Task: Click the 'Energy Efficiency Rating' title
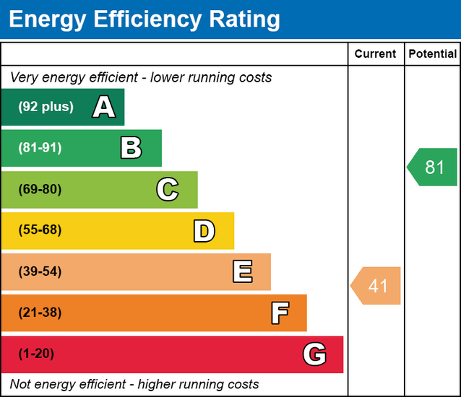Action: click(x=144, y=19)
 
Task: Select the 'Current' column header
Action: click(x=376, y=53)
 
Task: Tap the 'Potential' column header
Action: click(x=432, y=53)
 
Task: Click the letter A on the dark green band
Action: click(x=104, y=108)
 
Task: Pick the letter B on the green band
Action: click(x=131, y=149)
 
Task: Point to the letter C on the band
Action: click(x=167, y=190)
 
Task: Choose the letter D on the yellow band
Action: click(x=204, y=231)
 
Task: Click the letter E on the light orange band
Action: click(x=242, y=272)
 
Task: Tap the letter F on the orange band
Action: click(x=279, y=313)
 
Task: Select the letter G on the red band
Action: click(x=314, y=354)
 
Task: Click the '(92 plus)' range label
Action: click(x=46, y=107)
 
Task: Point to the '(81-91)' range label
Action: click(x=40, y=148)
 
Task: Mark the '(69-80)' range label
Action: click(x=40, y=190)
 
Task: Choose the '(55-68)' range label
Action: click(x=40, y=230)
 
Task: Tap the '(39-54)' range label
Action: click(x=40, y=272)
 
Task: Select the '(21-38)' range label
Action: click(x=40, y=313)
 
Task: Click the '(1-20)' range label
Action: click(x=37, y=354)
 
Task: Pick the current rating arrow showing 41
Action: click(x=376, y=286)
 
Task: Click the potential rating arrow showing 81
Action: click(x=433, y=167)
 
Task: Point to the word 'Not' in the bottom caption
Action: click(x=21, y=384)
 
